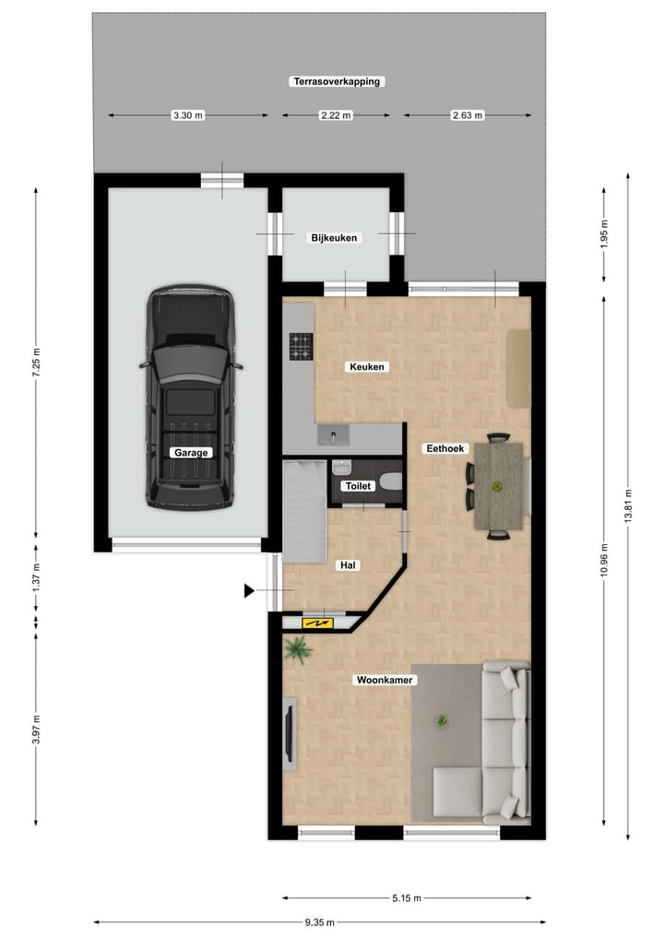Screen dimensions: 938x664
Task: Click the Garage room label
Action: point(192,453)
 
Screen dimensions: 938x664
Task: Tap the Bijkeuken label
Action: point(334,238)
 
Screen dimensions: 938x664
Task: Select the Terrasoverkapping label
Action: point(337,81)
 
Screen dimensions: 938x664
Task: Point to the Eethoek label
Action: point(446,449)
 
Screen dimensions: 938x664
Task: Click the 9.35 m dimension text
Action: point(319,922)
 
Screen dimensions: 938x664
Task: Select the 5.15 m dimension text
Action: point(406,898)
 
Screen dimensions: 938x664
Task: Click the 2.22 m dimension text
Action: point(335,115)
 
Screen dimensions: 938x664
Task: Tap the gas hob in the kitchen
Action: point(301,346)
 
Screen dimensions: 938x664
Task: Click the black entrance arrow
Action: point(249,590)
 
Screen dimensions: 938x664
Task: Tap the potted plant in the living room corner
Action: point(298,649)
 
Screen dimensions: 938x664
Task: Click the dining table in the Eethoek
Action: point(499,484)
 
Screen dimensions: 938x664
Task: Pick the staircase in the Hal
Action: point(302,512)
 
